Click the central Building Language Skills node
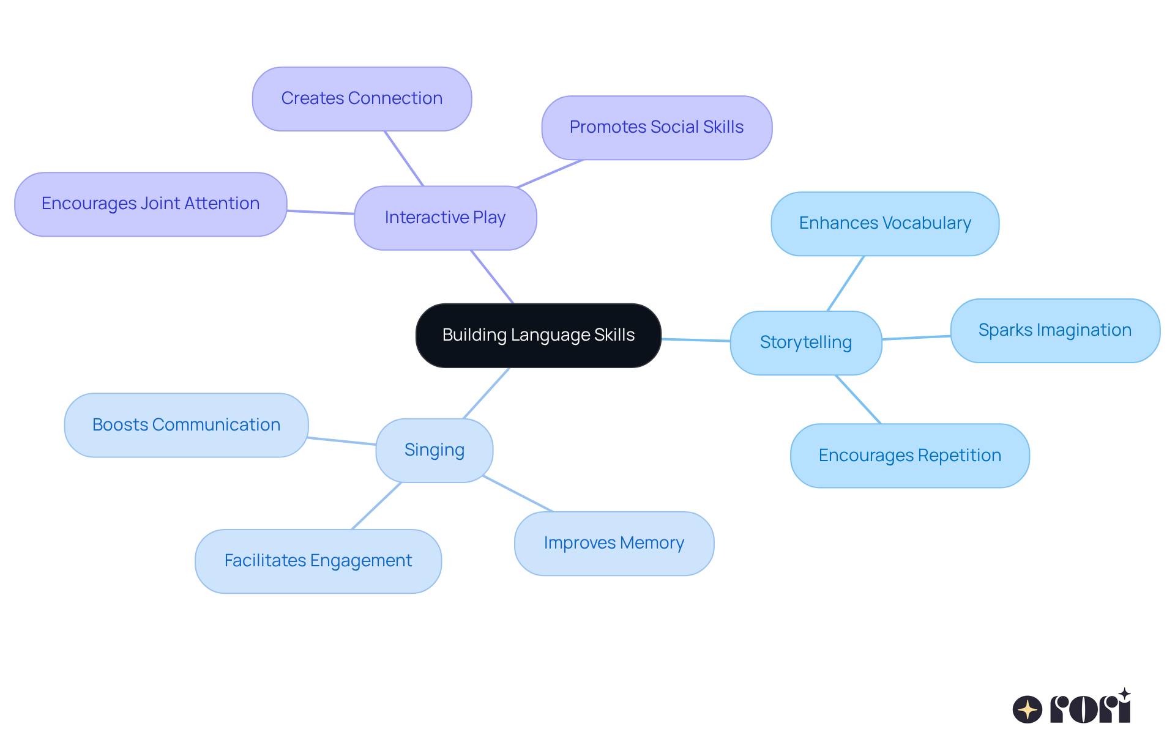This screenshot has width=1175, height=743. coord(538,335)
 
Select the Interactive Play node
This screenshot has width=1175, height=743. coord(445,218)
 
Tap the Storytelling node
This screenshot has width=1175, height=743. coord(805,342)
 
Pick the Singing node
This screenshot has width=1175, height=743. coord(434,450)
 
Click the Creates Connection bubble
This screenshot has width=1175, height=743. coord(362,98)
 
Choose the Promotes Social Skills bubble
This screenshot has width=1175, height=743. coord(656,127)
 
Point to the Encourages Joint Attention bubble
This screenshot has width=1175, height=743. coord(151,204)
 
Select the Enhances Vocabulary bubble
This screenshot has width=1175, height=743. coord(884,223)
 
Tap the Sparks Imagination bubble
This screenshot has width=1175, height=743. coord(1054,330)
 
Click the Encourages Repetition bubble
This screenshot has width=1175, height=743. coord(909,456)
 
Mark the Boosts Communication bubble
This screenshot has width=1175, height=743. coord(186,425)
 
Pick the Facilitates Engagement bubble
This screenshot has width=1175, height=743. coord(318,561)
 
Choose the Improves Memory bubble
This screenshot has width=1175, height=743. coord(614,543)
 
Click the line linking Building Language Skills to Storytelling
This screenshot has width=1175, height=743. coord(696,339)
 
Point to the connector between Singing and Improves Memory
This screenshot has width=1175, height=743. coord(518,493)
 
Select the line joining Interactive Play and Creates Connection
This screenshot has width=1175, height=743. coord(404,158)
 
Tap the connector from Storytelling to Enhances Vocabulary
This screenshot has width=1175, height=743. coord(846,283)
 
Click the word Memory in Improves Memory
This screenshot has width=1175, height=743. coord(652,543)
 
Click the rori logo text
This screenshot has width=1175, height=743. coord(1091,708)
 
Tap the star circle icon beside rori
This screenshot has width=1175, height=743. coord(1027,709)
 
